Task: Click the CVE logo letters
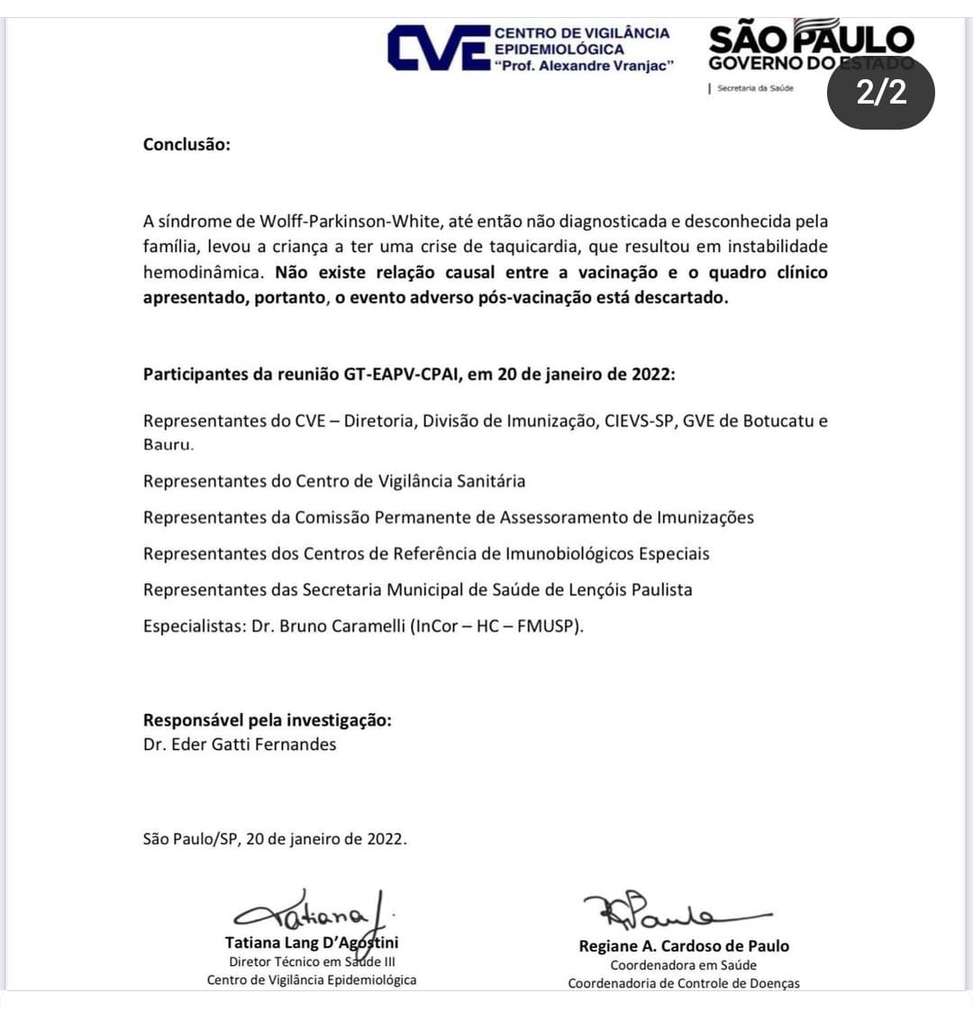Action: [x=438, y=49]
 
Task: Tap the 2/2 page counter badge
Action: [x=881, y=93]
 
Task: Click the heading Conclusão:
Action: [x=186, y=144]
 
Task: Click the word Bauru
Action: [x=168, y=445]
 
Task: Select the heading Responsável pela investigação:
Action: [x=268, y=720]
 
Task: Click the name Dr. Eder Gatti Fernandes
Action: [x=240, y=745]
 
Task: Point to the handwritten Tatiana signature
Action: [x=311, y=913]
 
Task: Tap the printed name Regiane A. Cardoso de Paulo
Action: [x=684, y=946]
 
